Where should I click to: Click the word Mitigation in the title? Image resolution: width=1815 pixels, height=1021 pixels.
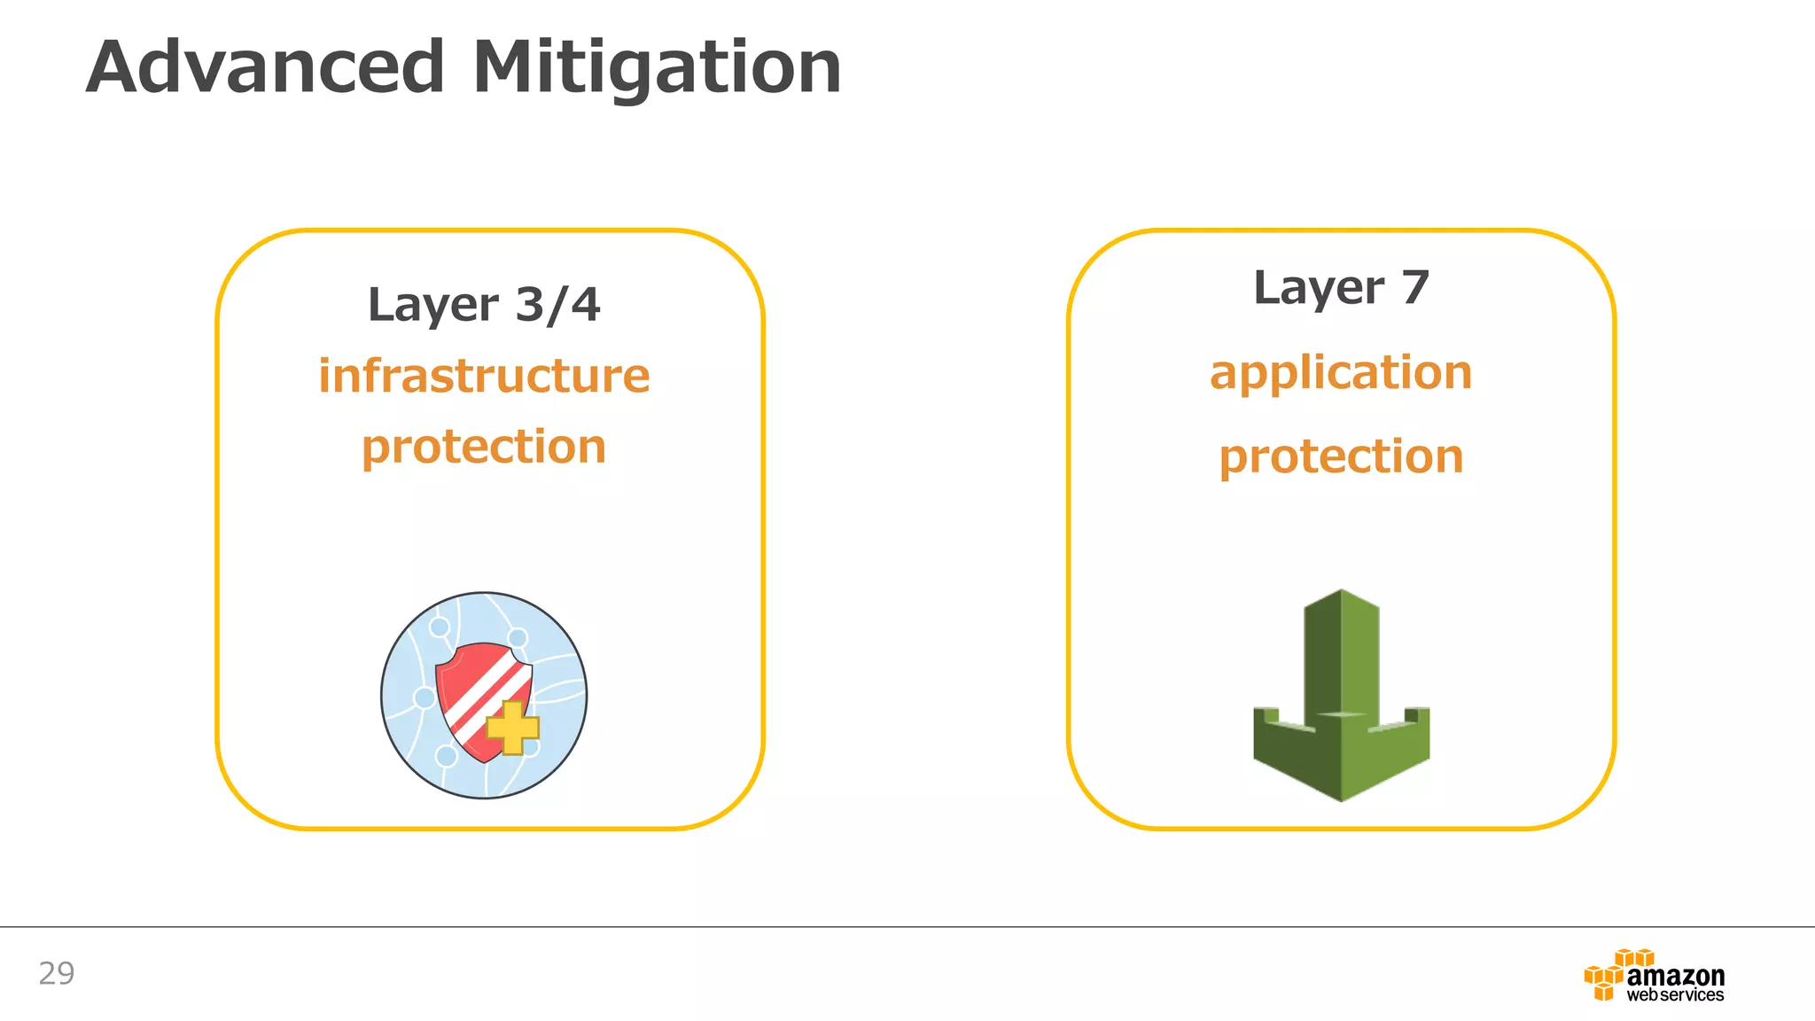coord(657,69)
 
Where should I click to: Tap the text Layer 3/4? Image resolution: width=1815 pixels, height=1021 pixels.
coord(484,306)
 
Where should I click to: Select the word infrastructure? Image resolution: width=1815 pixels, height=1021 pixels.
coord(484,376)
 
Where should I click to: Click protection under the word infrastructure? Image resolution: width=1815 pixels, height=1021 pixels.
coord(484,447)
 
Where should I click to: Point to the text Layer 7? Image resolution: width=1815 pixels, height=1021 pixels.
coord(1341,289)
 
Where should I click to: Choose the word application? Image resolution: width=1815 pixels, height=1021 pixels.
coord(1341,373)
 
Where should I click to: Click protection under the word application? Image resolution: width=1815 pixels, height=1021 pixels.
coord(1341,457)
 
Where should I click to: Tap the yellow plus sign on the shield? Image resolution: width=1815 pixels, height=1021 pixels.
coord(513,728)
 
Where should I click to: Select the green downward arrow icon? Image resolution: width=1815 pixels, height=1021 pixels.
coord(1341,696)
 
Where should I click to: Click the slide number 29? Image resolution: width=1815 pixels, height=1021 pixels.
coord(57,974)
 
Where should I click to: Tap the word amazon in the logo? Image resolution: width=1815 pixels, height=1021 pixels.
coord(1675,976)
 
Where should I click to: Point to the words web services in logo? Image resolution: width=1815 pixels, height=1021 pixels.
coord(1675,996)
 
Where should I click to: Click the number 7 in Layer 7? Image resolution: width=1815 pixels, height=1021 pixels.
coord(1414,288)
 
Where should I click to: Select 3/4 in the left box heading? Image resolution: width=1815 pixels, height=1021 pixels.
coord(557,306)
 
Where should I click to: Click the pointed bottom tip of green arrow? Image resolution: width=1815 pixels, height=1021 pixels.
coord(1341,797)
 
